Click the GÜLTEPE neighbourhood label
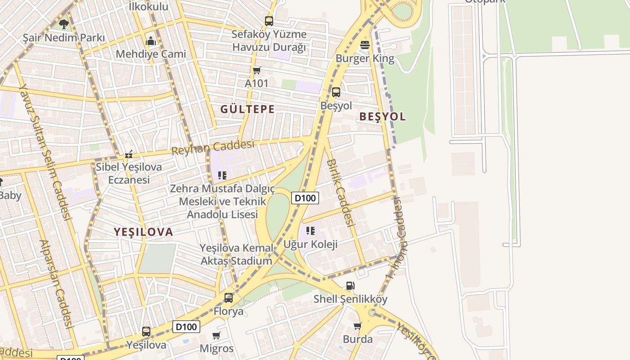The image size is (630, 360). [x=247, y=109]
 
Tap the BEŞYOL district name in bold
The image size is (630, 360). [x=382, y=117]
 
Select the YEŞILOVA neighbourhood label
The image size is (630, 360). [x=143, y=232]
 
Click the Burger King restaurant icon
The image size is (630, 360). [x=365, y=45]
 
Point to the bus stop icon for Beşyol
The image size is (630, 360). [x=336, y=92]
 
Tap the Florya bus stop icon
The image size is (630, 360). [x=229, y=297]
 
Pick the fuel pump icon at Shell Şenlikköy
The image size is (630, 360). [x=350, y=285]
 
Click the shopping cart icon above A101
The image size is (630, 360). [x=256, y=70]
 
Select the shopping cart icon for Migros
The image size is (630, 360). [x=216, y=335]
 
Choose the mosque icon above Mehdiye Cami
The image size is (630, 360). [x=151, y=41]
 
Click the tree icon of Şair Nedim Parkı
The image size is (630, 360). [x=63, y=24]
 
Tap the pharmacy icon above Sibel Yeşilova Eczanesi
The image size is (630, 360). [x=129, y=154]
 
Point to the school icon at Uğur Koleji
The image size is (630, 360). [x=310, y=231]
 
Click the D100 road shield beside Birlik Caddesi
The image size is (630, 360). [x=305, y=198]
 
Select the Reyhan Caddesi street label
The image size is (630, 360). [x=213, y=147]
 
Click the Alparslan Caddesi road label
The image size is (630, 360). [x=57, y=283]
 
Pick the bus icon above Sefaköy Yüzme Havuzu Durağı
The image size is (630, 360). [x=269, y=21]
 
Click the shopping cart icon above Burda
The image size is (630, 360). [x=357, y=326]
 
